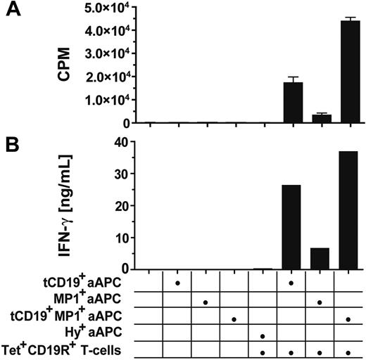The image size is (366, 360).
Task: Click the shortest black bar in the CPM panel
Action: pyautogui.click(x=320, y=119)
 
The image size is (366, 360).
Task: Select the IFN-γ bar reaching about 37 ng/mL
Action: pyautogui.click(x=349, y=210)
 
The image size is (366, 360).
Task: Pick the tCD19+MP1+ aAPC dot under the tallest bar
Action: pyautogui.click(x=349, y=319)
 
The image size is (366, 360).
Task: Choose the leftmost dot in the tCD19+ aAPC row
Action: pyautogui.click(x=177, y=283)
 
